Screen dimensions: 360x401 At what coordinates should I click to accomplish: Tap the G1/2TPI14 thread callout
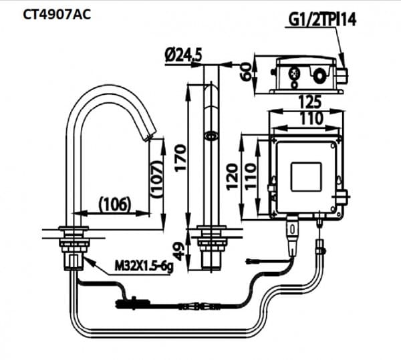pyautogui.click(x=322, y=19)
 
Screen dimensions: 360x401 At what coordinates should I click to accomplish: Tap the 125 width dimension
pyautogui.click(x=308, y=102)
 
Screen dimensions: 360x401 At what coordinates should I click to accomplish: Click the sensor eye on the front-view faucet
pyautogui.click(x=212, y=136)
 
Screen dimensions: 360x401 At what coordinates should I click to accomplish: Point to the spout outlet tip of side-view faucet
pyautogui.click(x=150, y=137)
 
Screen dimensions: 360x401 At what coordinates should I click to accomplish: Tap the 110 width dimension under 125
pyautogui.click(x=308, y=118)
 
